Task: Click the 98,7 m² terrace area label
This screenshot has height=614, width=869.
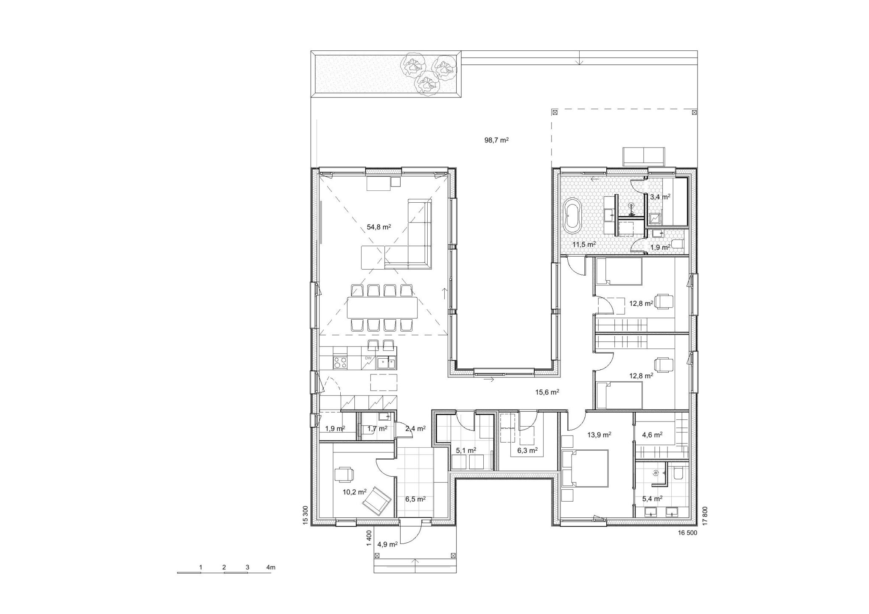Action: [x=496, y=140]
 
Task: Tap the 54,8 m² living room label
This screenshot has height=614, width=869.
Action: [x=378, y=227]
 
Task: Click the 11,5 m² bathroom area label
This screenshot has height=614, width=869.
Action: [x=584, y=244]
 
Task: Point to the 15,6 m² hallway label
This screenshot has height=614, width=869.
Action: [x=547, y=392]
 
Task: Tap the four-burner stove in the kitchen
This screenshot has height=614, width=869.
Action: [x=340, y=362]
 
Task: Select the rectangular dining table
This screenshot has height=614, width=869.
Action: [x=382, y=307]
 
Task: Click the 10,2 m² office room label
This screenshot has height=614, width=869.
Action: [x=355, y=492]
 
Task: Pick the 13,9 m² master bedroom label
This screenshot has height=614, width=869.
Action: [x=599, y=435]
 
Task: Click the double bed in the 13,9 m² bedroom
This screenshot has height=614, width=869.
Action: [x=586, y=469]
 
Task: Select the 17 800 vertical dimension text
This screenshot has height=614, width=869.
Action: [x=705, y=516]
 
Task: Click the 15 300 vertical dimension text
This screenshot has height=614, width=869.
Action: [x=305, y=516]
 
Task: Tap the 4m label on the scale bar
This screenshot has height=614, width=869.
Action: [x=271, y=567]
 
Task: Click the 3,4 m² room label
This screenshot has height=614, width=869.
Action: [x=660, y=197]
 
